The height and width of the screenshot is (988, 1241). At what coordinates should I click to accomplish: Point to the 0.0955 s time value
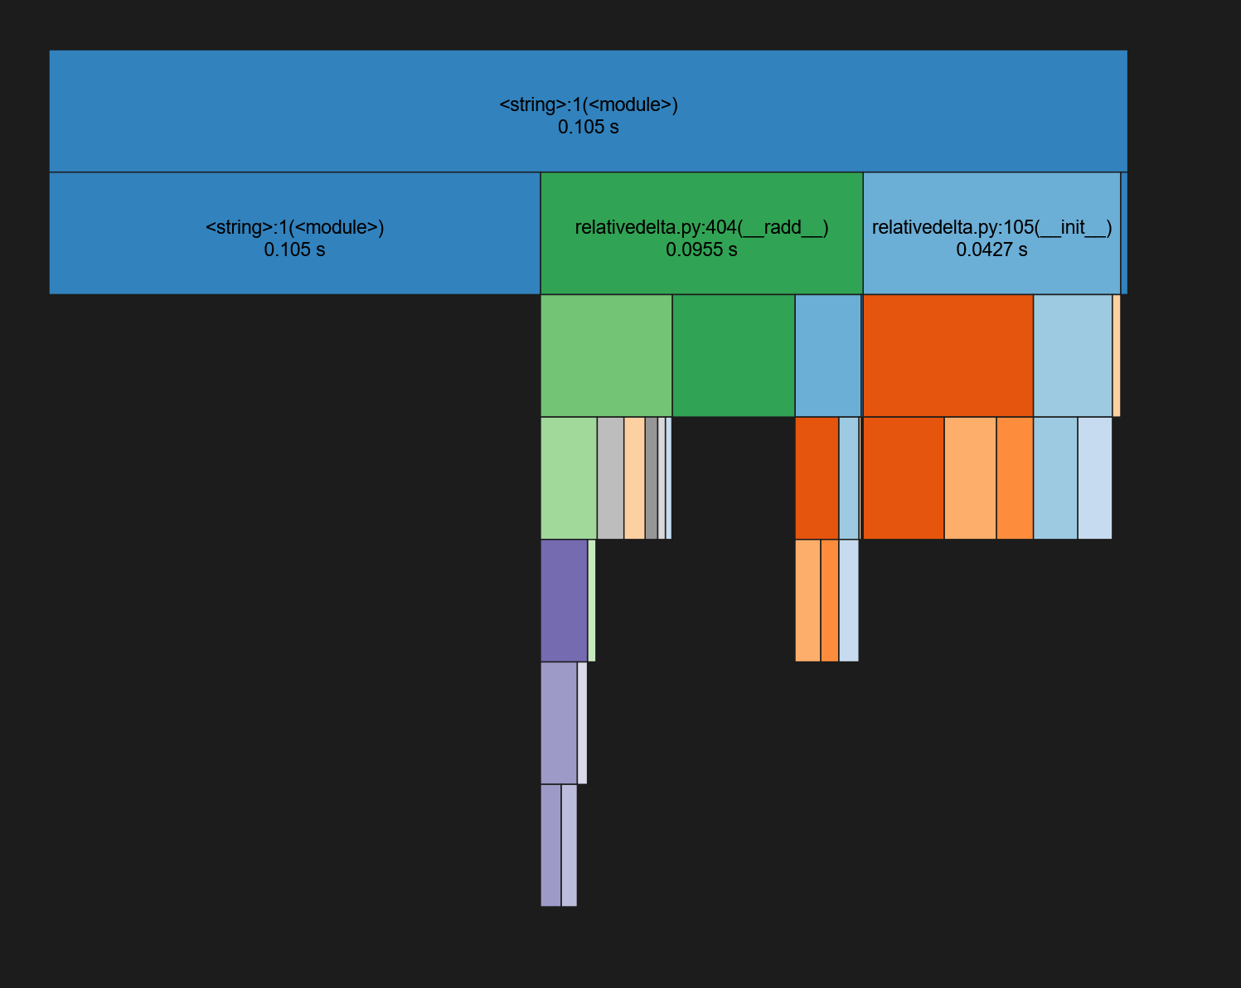[x=701, y=250]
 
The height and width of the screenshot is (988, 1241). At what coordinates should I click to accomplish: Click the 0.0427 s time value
[x=991, y=250]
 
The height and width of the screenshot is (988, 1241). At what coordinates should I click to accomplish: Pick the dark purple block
[x=564, y=600]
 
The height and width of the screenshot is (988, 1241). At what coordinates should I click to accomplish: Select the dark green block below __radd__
[x=733, y=356]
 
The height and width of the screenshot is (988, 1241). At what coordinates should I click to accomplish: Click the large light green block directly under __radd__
[x=606, y=356]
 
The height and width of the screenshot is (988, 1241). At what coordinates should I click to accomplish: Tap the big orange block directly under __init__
[x=948, y=356]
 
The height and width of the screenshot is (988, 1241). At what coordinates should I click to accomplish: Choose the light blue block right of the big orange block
[x=1072, y=356]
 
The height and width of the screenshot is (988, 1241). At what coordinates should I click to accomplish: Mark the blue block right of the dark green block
[x=827, y=356]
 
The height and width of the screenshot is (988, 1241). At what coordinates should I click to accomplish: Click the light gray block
[x=610, y=478]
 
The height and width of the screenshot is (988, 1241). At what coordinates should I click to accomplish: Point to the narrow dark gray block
[x=652, y=478]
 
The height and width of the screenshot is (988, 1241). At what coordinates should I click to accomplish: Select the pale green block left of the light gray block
[x=569, y=478]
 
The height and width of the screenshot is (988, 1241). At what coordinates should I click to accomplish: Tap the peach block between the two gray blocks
[x=634, y=478]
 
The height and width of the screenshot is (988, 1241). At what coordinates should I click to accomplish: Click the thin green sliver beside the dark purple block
[x=592, y=600]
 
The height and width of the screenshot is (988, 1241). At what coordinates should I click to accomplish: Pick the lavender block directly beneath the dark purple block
[x=559, y=723]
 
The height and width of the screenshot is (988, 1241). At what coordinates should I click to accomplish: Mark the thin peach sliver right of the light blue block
[x=1117, y=356]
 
